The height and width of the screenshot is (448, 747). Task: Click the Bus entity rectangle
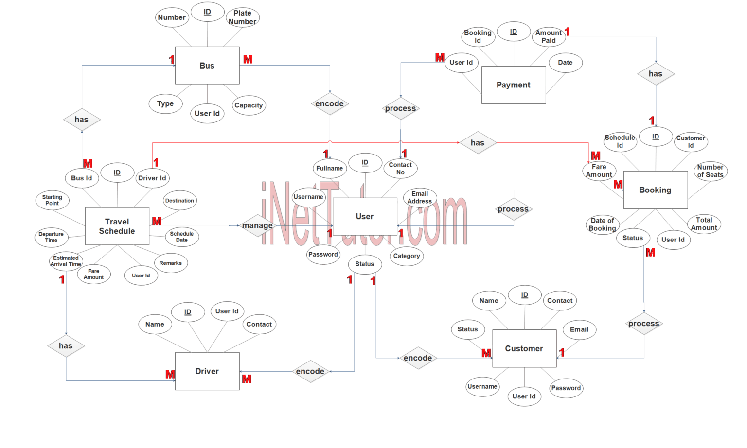[207, 66]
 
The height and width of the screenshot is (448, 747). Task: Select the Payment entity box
[513, 85]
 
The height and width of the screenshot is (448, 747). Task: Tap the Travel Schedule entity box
[117, 226]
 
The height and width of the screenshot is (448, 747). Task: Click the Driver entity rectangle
[207, 371]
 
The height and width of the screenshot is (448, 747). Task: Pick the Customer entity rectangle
[524, 348]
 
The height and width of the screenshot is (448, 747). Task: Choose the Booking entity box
[655, 190]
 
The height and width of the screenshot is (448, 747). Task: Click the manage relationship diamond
[257, 225]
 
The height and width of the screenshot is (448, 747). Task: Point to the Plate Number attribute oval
[242, 17]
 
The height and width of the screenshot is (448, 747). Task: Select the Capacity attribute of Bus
[249, 105]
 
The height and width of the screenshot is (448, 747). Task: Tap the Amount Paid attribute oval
[549, 36]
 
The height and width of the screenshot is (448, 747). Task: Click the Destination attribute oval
[179, 200]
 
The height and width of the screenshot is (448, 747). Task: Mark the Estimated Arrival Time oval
[66, 261]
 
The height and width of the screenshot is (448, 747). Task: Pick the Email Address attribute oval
[420, 197]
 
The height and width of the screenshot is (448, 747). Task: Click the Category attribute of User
[406, 256]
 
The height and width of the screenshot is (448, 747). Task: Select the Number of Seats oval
[710, 171]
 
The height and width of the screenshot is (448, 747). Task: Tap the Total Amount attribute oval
[704, 224]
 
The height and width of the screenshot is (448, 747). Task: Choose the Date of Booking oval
[602, 224]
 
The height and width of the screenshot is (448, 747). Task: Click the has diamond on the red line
[477, 143]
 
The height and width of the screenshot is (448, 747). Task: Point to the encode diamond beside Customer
[418, 358]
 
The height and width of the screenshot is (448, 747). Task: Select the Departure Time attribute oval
[51, 237]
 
